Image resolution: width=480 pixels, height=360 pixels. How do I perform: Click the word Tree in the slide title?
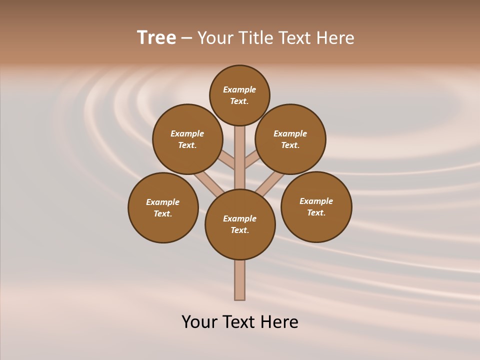[x=156, y=38]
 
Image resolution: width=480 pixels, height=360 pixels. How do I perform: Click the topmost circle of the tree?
[x=239, y=95]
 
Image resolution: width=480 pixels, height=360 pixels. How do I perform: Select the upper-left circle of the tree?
[x=187, y=139]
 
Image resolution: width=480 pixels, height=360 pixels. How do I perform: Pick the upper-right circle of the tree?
[x=290, y=139]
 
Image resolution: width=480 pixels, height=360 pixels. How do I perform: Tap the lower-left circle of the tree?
[x=163, y=207]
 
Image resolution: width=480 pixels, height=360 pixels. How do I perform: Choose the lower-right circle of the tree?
[x=316, y=206]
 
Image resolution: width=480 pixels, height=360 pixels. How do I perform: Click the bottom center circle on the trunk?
[x=240, y=224]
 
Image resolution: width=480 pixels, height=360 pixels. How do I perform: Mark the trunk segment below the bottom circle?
[x=240, y=280]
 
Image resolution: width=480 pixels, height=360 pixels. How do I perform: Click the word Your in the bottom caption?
[x=199, y=322]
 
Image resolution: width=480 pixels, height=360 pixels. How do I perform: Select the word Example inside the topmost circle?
[x=239, y=89]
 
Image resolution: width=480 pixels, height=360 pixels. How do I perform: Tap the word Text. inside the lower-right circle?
[x=316, y=212]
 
